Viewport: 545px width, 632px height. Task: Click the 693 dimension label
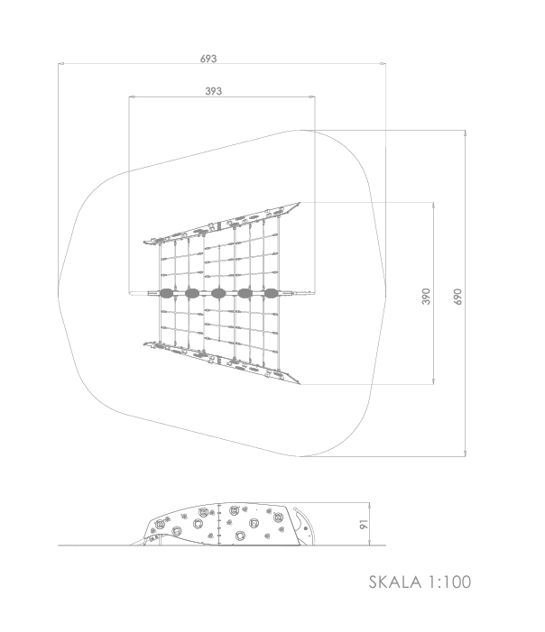tap(208, 59)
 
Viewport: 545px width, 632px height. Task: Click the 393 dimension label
tap(214, 91)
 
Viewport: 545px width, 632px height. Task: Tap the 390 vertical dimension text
tap(426, 297)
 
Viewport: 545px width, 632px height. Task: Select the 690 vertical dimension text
tap(457, 297)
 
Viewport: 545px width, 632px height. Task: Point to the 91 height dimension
tap(364, 525)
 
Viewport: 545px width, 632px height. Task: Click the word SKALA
tap(395, 582)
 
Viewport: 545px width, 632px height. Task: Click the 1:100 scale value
tap(449, 582)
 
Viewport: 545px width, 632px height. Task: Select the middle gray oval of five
tap(218, 293)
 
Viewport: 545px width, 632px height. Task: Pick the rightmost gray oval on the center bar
tap(271, 293)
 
